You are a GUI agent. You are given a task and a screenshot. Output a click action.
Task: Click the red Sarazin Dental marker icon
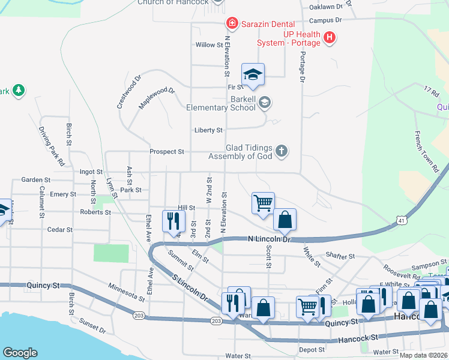tap(231, 24)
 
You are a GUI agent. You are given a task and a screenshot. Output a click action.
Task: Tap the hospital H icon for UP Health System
tap(329, 38)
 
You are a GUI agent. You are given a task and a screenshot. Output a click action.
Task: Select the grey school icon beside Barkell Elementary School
tap(264, 103)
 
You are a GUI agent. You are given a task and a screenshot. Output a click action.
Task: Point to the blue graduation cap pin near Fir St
tap(253, 74)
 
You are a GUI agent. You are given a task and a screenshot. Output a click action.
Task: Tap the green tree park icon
tap(20, 91)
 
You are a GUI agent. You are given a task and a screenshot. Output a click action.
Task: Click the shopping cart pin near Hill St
tap(263, 203)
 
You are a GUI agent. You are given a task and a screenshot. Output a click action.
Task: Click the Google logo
tap(20, 353)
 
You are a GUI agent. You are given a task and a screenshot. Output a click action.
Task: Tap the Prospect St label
tap(166, 152)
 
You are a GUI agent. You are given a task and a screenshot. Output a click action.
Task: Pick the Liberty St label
tap(208, 130)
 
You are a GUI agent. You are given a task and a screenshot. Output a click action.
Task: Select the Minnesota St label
tap(126, 292)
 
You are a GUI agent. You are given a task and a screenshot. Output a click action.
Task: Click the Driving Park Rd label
tap(51, 145)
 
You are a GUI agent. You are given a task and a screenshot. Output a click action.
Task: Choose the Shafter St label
tap(340, 256)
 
